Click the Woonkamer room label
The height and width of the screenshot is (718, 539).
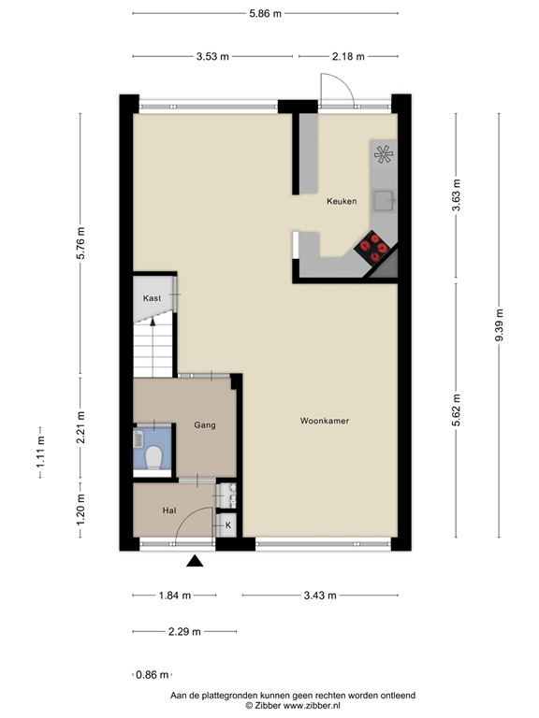(x=325, y=421)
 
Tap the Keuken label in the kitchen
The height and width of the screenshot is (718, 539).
(x=341, y=201)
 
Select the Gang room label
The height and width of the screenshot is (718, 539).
(x=205, y=425)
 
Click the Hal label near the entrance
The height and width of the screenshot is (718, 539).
(x=169, y=510)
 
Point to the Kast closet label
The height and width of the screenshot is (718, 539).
(x=152, y=298)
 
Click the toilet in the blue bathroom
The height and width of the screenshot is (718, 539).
(x=154, y=457)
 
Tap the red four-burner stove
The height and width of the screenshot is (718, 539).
(x=374, y=246)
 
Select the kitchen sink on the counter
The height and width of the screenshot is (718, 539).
(x=384, y=199)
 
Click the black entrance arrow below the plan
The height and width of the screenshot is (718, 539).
(x=195, y=561)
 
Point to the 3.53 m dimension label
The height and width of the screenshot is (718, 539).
(x=214, y=56)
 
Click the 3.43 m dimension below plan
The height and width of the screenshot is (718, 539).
(x=318, y=596)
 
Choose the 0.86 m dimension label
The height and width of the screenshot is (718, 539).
(x=152, y=675)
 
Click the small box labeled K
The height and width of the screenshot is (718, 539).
(x=227, y=526)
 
